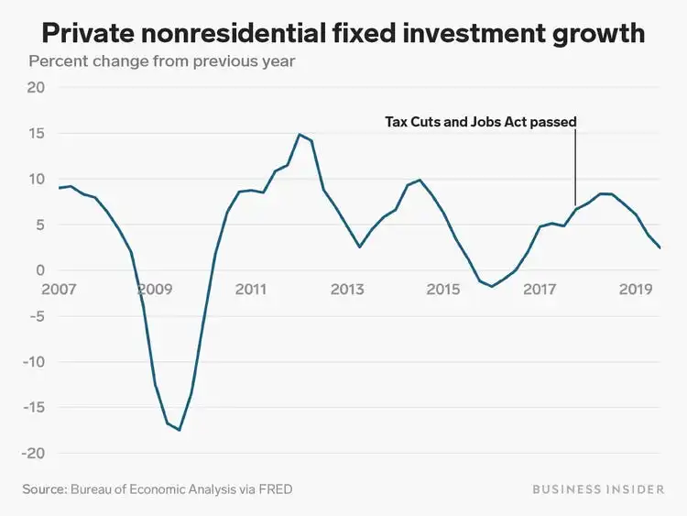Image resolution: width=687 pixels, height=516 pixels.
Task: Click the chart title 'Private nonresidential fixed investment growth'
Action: [343, 35]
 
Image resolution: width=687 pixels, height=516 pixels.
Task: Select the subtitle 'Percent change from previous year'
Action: [162, 62]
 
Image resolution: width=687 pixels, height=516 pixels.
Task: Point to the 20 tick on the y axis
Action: [37, 88]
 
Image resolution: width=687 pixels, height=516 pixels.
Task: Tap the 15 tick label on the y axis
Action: [37, 134]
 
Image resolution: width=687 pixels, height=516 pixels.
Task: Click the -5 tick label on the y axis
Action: [35, 316]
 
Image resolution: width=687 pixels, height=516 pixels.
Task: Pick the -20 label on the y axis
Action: [32, 454]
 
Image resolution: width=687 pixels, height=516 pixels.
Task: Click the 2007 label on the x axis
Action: [58, 290]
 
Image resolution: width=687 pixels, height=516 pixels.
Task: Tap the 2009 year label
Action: [154, 290]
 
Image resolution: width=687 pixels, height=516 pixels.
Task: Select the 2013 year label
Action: [347, 290]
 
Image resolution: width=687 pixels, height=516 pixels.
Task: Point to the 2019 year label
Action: [636, 290]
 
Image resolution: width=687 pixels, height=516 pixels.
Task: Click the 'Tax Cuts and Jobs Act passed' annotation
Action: [480, 121]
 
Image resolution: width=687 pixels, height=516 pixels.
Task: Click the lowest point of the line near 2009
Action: [180, 430]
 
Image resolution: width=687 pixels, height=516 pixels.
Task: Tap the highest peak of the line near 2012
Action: [299, 135]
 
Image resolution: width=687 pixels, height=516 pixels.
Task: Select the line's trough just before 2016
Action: [492, 286]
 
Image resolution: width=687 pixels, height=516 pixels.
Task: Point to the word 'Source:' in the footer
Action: [44, 489]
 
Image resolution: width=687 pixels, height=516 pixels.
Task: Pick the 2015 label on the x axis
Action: [443, 290]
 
